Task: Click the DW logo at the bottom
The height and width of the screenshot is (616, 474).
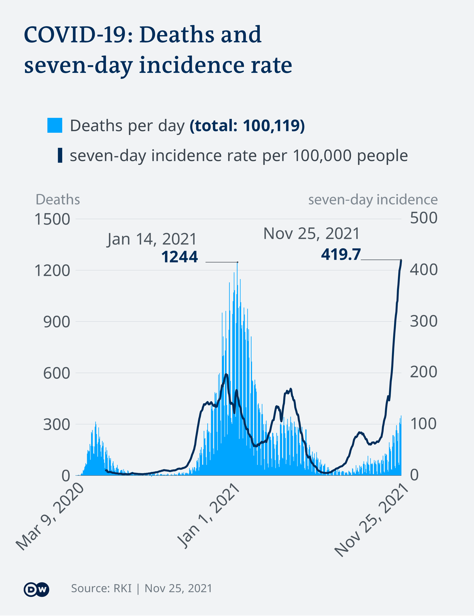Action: click(36, 589)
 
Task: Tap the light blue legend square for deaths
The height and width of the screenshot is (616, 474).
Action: click(55, 125)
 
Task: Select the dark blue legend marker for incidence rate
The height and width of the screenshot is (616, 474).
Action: click(60, 155)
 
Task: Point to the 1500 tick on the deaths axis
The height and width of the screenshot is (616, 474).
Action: click(52, 219)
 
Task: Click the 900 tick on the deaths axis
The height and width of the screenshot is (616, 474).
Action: click(56, 322)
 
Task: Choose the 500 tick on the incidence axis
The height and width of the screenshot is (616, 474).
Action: click(423, 218)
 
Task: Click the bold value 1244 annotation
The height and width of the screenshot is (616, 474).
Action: click(179, 257)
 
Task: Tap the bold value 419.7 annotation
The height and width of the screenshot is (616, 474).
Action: click(341, 254)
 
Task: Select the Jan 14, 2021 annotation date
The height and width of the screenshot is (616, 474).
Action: click(152, 239)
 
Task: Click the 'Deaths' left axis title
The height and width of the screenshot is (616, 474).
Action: click(58, 199)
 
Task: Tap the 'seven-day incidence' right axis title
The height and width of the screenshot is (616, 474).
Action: click(373, 199)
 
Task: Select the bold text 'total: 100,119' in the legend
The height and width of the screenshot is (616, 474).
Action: click(247, 126)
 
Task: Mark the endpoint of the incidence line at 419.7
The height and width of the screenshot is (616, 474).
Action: click(401, 260)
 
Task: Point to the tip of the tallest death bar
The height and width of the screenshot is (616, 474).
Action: click(237, 263)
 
